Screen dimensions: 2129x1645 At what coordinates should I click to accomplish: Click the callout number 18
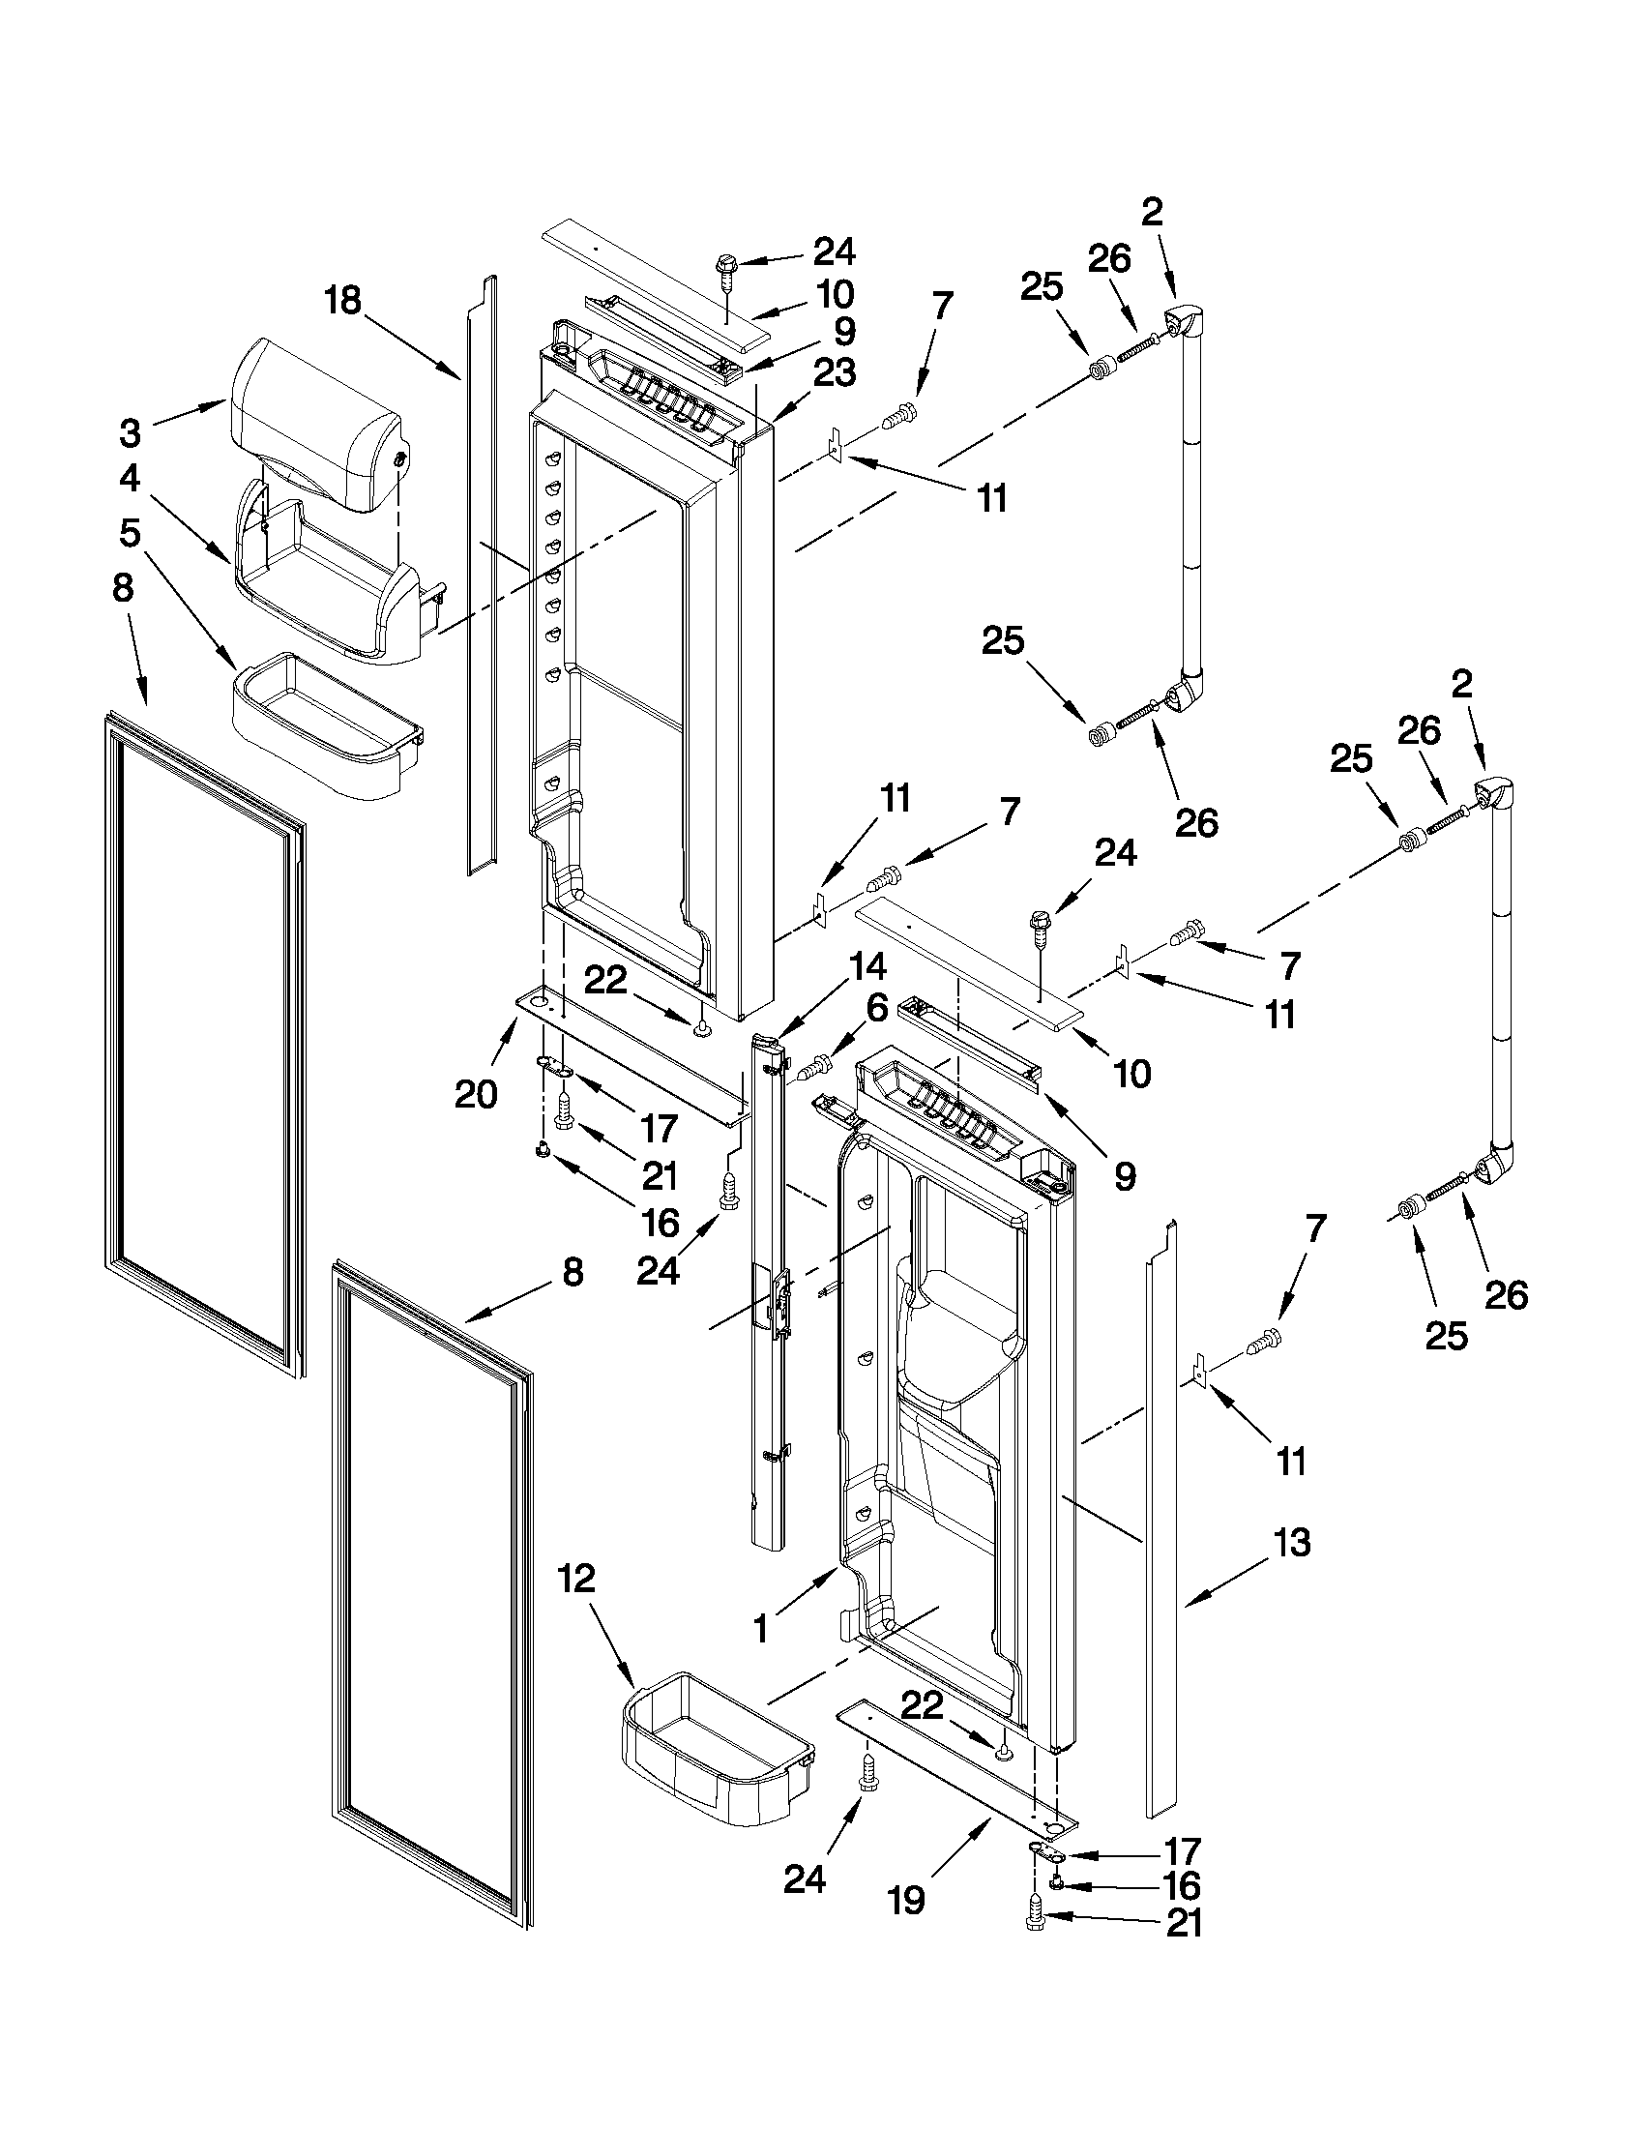[342, 300]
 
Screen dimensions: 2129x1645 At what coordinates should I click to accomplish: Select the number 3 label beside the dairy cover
[131, 431]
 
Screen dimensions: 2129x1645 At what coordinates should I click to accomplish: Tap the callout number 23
[836, 373]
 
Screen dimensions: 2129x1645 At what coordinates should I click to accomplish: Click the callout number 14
[867, 967]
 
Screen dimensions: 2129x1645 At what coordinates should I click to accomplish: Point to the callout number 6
[875, 1008]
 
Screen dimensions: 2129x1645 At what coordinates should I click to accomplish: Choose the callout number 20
[476, 1095]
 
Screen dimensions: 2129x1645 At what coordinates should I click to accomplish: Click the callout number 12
[576, 1580]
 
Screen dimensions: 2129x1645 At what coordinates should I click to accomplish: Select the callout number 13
[1291, 1543]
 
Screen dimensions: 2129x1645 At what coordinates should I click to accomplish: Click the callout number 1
[761, 1628]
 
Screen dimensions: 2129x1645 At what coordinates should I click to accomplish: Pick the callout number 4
[130, 479]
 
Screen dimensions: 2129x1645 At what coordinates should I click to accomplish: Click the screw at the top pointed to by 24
[726, 265]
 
